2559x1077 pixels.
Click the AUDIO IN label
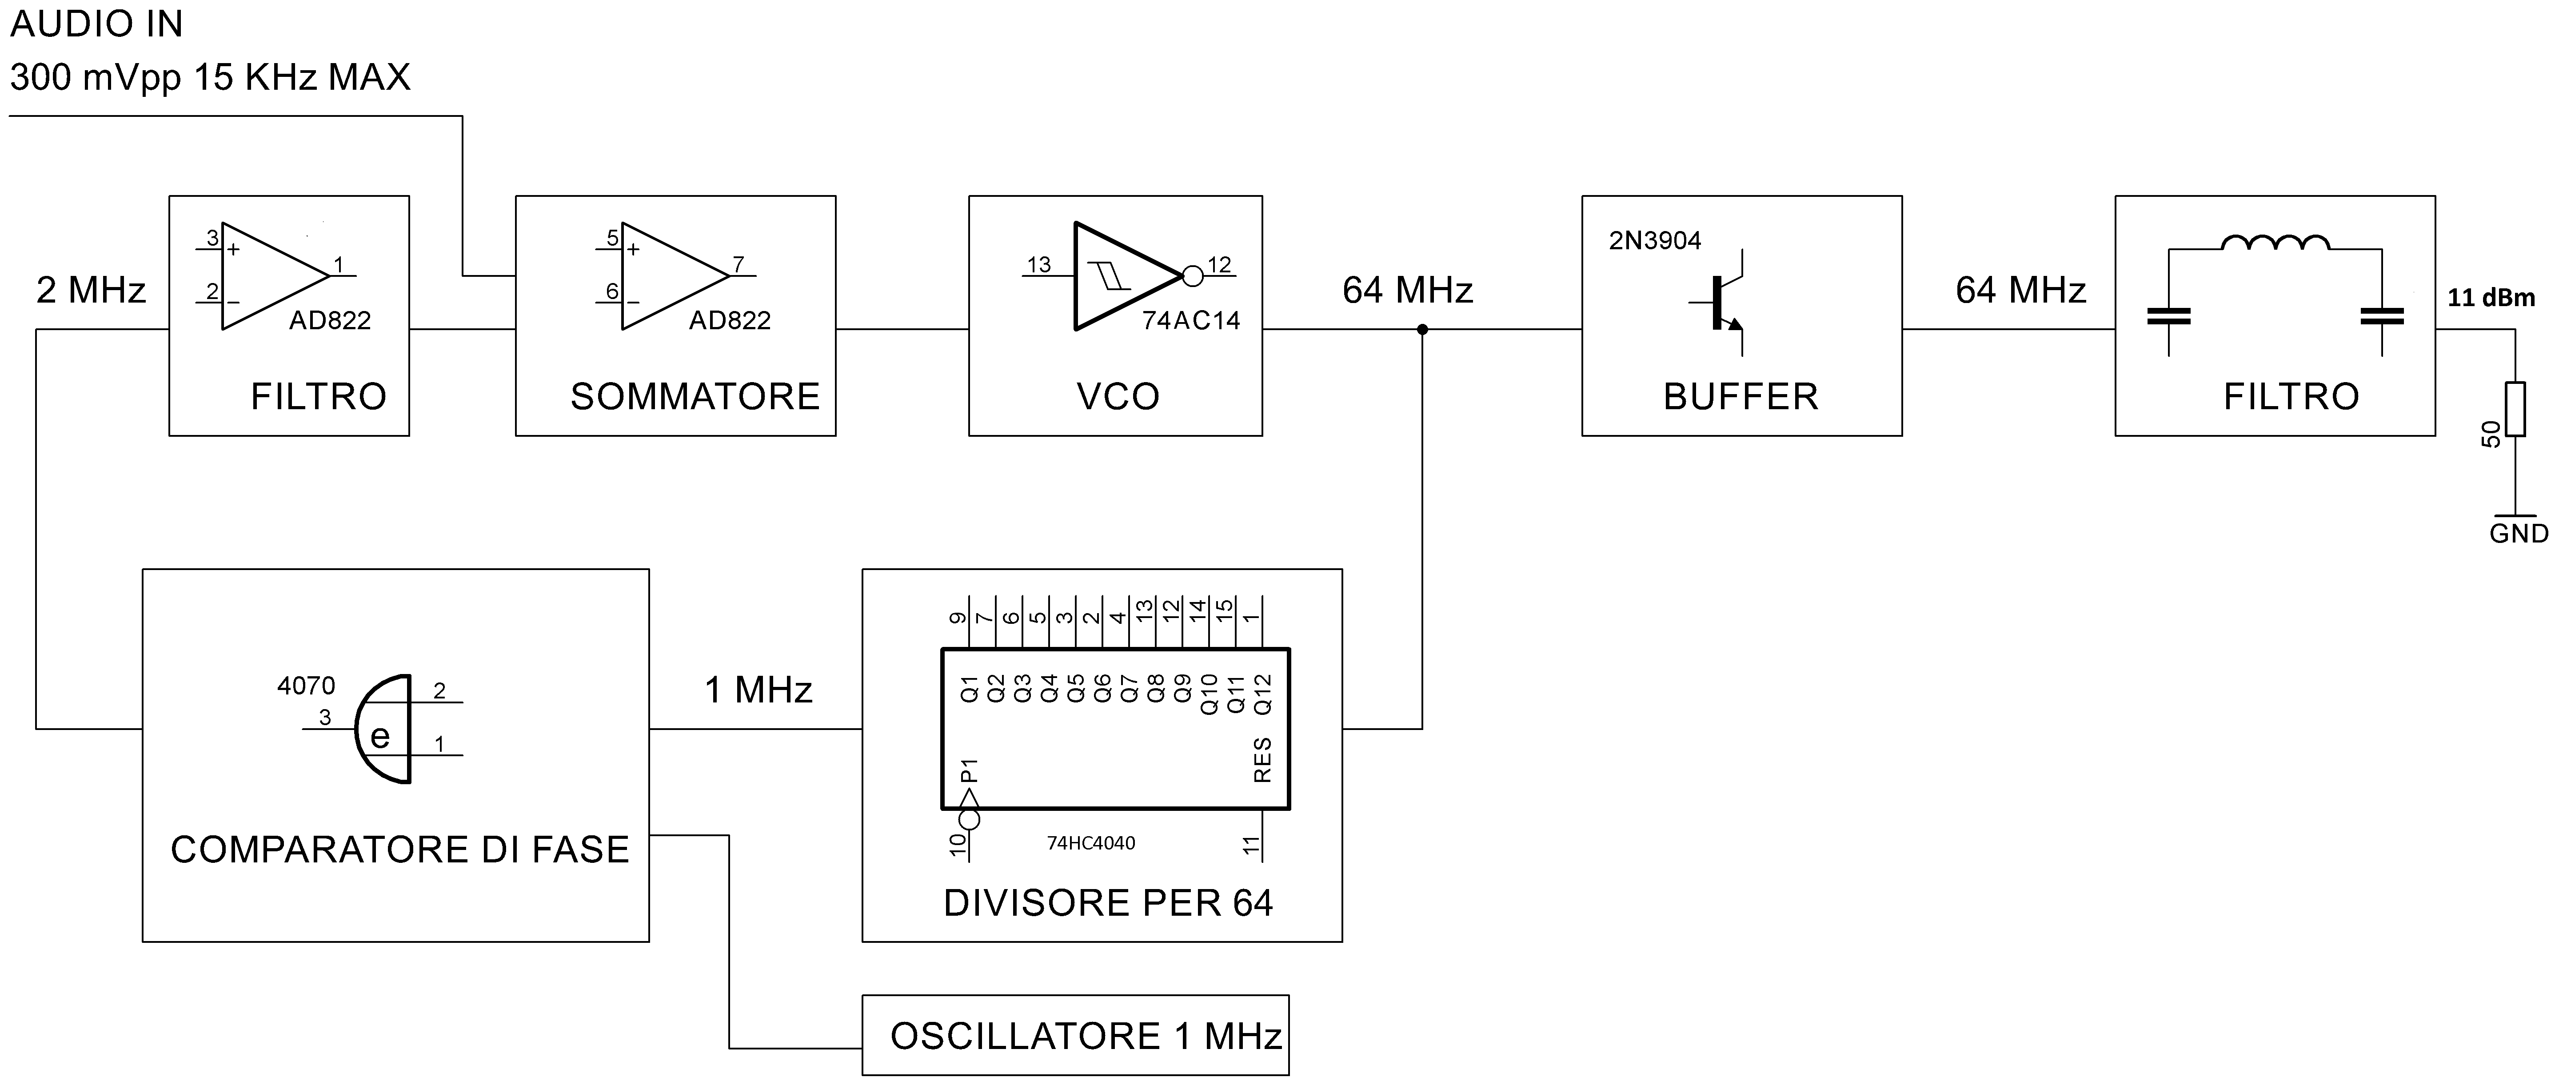96,24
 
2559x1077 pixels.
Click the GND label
2518,534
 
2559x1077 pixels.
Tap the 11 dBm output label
2491,297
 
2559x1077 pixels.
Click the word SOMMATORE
695,396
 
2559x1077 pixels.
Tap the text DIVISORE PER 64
1108,902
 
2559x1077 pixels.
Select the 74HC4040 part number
1091,842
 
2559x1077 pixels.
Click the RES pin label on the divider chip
1262,760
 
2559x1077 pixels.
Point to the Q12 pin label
1262,694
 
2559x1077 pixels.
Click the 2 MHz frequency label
90,290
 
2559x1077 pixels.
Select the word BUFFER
1741,396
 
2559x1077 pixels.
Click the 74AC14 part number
1191,320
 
